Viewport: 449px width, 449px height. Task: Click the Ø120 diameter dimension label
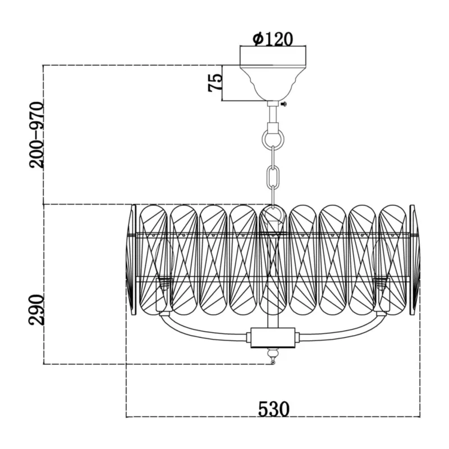(273, 39)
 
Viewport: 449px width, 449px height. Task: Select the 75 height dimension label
(215, 83)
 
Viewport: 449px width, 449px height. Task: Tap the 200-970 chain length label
(36, 135)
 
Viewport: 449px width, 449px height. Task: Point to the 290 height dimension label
(36, 310)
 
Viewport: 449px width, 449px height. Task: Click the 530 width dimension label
(274, 409)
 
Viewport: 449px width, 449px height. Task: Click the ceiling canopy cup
(273, 83)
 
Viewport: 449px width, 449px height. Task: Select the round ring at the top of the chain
(273, 140)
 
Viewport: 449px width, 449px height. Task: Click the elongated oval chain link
(273, 177)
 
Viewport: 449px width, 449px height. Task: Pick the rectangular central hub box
(273, 338)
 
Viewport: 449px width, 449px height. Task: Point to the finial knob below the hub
(273, 356)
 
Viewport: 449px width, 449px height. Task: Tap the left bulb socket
(164, 295)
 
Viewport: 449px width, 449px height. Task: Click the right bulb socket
(382, 295)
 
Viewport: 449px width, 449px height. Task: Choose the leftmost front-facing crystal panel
(153, 260)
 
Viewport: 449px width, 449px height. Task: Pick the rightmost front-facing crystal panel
(392, 260)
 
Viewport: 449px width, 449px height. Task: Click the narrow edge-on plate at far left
(133, 260)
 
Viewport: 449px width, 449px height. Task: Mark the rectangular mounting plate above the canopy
(273, 56)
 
